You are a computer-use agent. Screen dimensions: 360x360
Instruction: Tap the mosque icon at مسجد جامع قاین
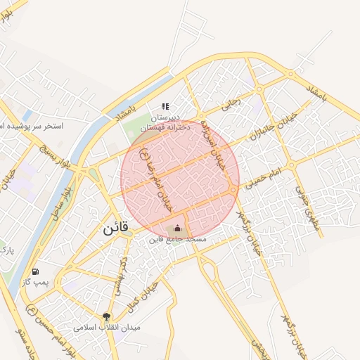pyautogui.click(x=177, y=228)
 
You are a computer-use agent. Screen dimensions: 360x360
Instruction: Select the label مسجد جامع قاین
pyautogui.click(x=177, y=240)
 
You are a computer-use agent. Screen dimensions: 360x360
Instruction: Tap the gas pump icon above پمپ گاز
pyautogui.click(x=35, y=271)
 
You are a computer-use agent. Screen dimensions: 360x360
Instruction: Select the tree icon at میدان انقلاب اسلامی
pyautogui.click(x=107, y=317)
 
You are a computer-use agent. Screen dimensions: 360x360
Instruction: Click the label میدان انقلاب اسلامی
pyautogui.click(x=108, y=328)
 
